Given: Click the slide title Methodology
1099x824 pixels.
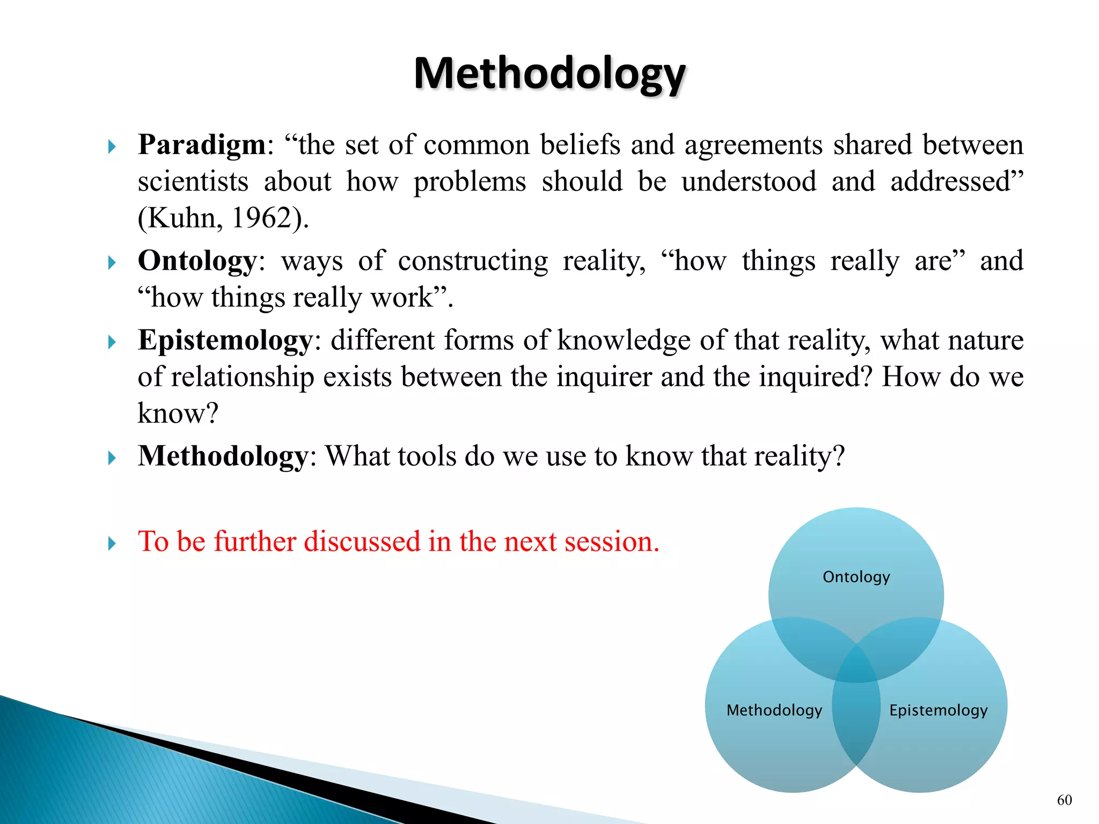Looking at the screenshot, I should (x=549, y=73).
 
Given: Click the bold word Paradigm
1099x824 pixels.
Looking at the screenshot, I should (x=202, y=145).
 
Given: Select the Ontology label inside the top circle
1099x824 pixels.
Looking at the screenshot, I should (x=856, y=577).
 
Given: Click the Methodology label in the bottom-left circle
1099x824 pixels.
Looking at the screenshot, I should (x=774, y=710).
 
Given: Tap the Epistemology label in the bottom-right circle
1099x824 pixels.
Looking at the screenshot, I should (x=938, y=710).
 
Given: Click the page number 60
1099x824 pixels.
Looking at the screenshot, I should (x=1064, y=800).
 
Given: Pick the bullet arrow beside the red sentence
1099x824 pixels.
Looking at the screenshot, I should (x=112, y=543).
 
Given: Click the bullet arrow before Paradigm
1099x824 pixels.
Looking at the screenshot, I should (x=112, y=146).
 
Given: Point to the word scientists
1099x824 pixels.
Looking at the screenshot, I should (x=193, y=182).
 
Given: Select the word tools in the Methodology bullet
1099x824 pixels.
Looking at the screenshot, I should (x=416, y=457).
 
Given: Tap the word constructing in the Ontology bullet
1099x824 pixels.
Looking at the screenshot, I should (x=473, y=261).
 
